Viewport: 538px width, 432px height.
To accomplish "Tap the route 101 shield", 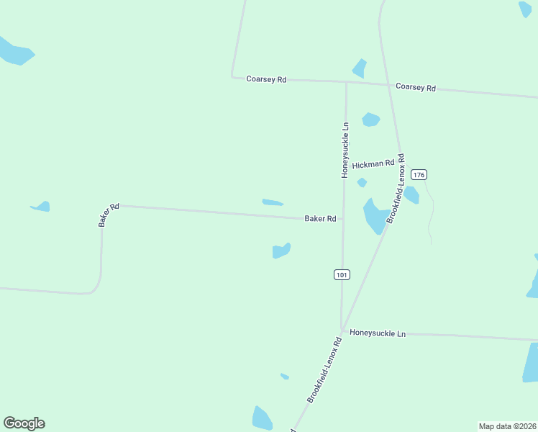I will [x=342, y=274].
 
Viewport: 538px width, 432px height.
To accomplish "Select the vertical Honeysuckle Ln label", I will [x=345, y=150].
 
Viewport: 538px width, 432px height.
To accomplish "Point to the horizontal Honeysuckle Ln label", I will [x=378, y=333].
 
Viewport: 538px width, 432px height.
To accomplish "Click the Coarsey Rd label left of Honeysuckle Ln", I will [x=266, y=79].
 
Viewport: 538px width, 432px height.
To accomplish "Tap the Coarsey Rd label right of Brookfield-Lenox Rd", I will [x=416, y=88].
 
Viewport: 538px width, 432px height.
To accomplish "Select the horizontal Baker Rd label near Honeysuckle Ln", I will [x=320, y=218].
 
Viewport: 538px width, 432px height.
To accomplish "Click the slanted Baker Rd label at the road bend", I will [x=109, y=215].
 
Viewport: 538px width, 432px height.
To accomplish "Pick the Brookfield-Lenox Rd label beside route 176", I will [x=396, y=187].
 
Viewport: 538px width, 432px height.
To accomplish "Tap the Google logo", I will [x=24, y=423].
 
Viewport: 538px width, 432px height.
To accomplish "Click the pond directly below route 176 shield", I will [x=411, y=194].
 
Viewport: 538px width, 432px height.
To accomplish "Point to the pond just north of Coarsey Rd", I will [x=360, y=69].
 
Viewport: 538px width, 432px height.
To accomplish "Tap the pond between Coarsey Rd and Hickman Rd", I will [x=370, y=120].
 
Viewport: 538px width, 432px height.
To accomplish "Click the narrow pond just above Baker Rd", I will [x=273, y=202].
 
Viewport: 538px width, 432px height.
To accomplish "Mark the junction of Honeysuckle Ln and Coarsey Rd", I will [x=346, y=82].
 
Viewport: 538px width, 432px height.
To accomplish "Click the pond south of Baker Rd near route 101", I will [x=281, y=251].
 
